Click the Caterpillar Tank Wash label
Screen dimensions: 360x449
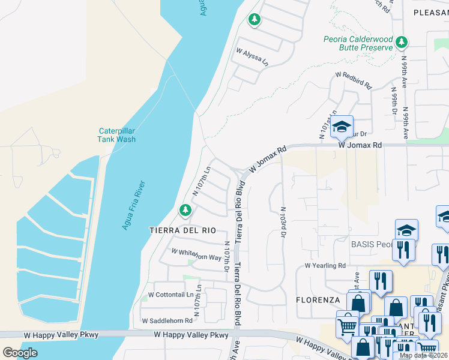117,135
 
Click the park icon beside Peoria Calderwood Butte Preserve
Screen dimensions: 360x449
402,42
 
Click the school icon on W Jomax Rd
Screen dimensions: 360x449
342,127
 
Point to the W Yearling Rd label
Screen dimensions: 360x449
325,265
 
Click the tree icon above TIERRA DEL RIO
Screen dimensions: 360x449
185,209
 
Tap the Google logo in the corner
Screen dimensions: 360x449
20,352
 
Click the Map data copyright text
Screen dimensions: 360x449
423,355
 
